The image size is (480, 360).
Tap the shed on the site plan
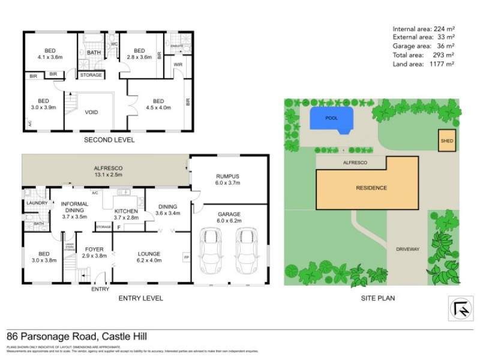(446, 141)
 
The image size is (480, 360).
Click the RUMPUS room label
(227, 176)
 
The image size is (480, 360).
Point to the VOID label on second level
(91, 112)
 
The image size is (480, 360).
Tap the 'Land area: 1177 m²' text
(423, 63)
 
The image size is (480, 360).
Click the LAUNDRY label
(36, 203)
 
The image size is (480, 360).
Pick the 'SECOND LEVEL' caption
(109, 140)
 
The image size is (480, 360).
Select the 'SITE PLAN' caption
(377, 298)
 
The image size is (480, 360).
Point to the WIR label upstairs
(178, 64)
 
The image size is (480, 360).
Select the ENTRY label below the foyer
(100, 289)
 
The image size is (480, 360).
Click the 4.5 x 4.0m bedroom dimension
(158, 108)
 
